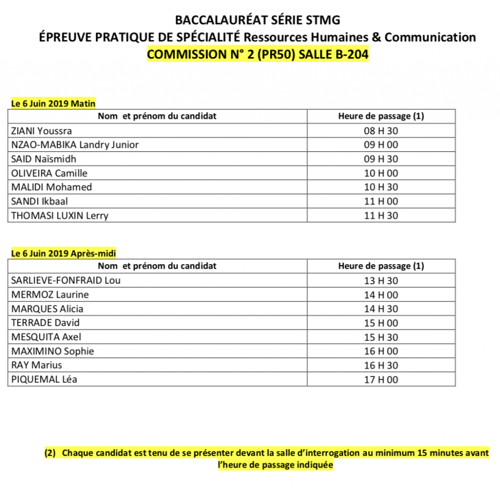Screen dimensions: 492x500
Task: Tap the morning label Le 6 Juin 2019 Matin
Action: (x=53, y=103)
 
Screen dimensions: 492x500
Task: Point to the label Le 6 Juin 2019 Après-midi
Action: (x=63, y=253)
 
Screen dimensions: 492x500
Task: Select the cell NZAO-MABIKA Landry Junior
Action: (x=74, y=145)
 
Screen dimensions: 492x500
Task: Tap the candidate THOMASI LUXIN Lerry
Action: (x=59, y=216)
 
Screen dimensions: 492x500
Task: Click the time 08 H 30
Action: (x=381, y=131)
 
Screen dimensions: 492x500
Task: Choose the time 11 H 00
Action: (x=381, y=201)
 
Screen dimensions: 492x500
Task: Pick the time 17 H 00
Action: (x=381, y=379)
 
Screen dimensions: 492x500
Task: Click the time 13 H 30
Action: (x=381, y=281)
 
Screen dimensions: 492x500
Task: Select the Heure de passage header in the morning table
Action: (x=381, y=116)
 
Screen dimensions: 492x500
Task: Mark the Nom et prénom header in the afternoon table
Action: (x=157, y=266)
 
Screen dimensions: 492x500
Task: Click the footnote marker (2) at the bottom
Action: (x=50, y=453)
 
